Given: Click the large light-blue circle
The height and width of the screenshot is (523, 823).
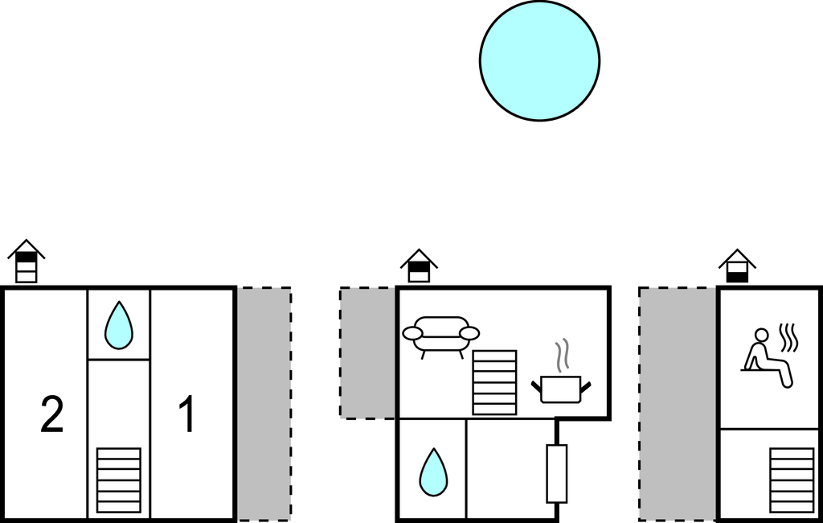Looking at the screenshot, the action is (x=539, y=60).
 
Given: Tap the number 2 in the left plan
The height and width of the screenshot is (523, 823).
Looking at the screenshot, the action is (x=52, y=414).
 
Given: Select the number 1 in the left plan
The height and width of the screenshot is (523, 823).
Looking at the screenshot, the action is (x=187, y=414).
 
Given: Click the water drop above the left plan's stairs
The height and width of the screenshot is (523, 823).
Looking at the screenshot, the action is (x=119, y=325).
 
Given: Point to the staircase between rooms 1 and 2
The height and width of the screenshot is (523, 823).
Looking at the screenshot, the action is (x=119, y=480).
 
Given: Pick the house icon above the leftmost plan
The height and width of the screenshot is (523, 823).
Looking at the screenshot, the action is (x=27, y=261).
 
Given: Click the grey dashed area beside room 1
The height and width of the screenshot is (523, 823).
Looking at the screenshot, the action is (x=264, y=404).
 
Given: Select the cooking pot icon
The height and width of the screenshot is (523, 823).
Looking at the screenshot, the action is (x=561, y=389).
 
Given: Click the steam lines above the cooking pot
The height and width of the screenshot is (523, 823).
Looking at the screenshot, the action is (x=562, y=356).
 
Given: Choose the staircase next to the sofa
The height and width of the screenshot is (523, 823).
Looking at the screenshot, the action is (x=494, y=383).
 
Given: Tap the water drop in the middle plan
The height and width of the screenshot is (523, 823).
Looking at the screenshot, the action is (x=433, y=472).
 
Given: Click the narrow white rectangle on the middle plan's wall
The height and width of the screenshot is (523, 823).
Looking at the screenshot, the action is (x=557, y=474).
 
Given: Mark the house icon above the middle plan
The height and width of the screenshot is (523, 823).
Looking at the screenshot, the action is (x=419, y=266).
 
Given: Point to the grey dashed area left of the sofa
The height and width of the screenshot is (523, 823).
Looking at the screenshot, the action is (x=367, y=352).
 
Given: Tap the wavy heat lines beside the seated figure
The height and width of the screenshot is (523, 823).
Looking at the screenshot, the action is (x=788, y=338).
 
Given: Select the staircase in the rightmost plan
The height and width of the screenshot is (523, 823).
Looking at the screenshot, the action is (x=792, y=480).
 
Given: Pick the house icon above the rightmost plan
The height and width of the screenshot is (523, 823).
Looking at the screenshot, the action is (x=738, y=266).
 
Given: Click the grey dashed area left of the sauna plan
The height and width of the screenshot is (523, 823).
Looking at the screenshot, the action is (x=678, y=404).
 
